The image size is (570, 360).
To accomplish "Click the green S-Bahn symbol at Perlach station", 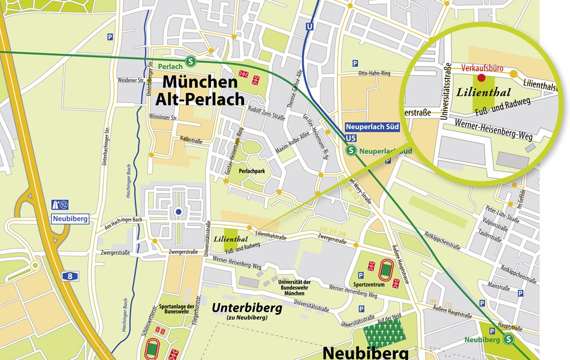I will (189, 61).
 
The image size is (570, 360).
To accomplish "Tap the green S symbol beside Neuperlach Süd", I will (352, 151).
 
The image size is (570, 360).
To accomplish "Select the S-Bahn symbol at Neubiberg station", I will (508, 339).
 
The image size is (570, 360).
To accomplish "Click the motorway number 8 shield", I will (70, 276).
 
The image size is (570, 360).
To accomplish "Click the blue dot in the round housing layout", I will (178, 212).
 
